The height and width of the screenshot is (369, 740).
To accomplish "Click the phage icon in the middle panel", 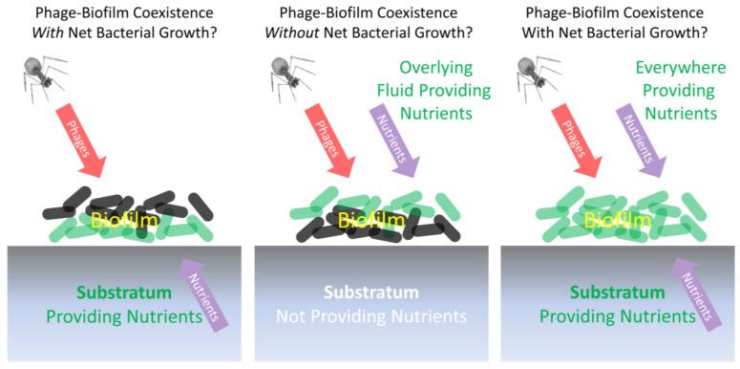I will (286, 78).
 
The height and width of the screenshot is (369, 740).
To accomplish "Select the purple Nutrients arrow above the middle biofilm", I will (393, 139).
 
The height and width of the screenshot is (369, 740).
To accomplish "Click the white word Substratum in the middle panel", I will (370, 292).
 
